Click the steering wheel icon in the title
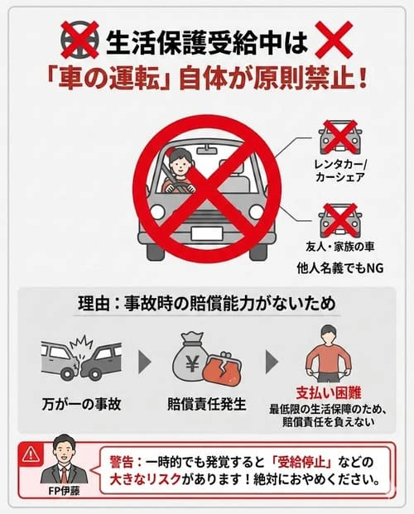(x=79, y=39)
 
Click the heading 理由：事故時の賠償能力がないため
(x=207, y=304)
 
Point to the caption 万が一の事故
(x=81, y=406)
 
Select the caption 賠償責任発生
(x=207, y=406)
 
